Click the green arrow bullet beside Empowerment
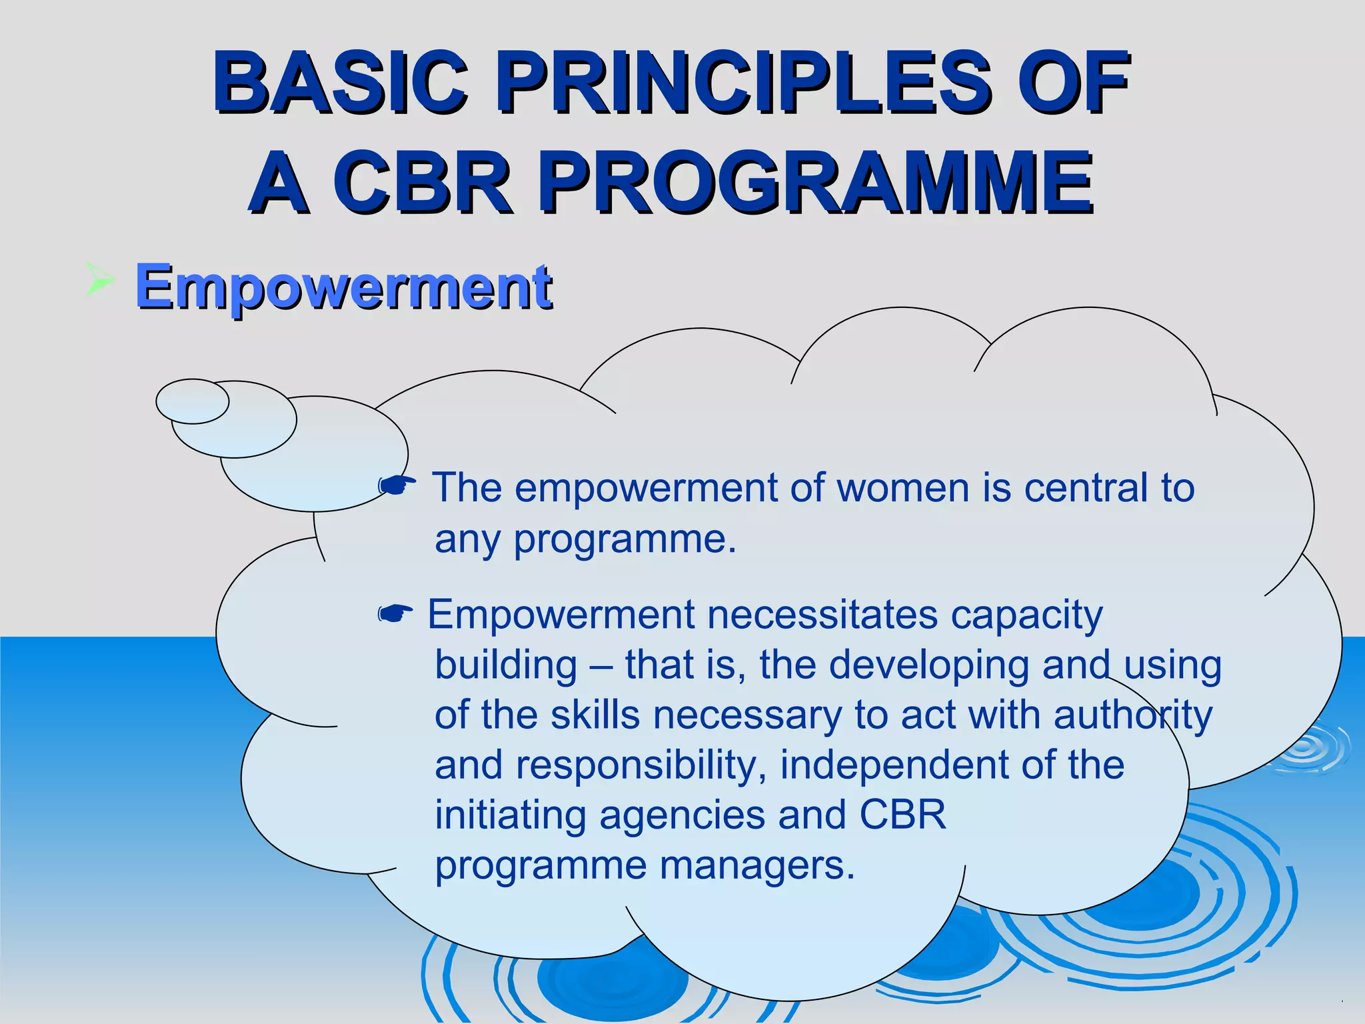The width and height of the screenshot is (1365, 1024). [100, 280]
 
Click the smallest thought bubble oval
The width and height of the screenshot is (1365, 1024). [192, 401]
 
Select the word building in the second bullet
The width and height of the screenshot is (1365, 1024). [506, 665]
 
